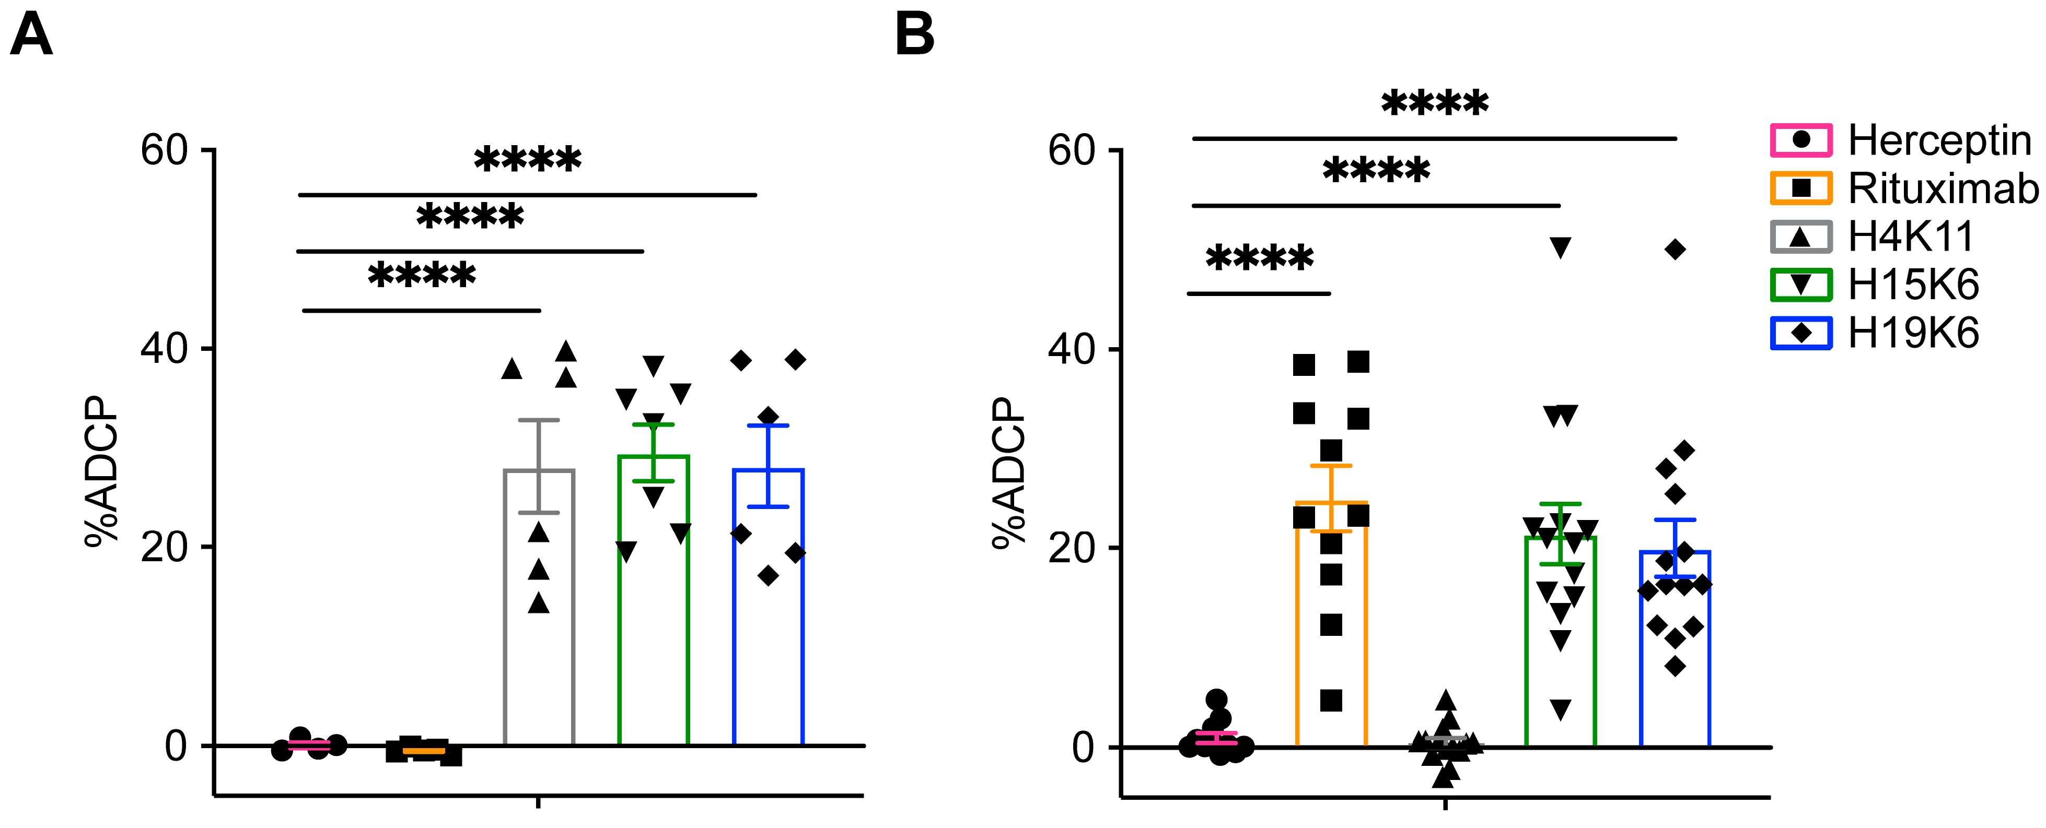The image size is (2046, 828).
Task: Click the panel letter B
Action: pos(914,36)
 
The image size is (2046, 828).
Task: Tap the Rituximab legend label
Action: pos(1943,189)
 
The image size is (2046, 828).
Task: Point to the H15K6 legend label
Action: pos(1913,285)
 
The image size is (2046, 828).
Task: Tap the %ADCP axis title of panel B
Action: pos(1009,473)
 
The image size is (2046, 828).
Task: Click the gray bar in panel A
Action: pos(539,619)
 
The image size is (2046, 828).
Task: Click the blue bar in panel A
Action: pos(768,619)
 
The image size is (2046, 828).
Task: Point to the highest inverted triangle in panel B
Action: pos(1561,247)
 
